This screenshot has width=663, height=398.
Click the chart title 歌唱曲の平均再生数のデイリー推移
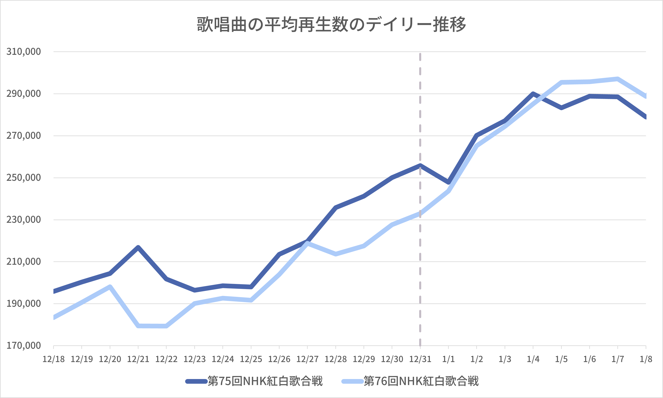click(x=331, y=25)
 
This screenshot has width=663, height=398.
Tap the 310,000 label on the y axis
click(x=24, y=51)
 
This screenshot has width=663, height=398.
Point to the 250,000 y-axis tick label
click(x=24, y=177)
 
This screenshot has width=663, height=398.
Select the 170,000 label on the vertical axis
click(x=24, y=345)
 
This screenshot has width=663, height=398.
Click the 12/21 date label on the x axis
click(x=138, y=359)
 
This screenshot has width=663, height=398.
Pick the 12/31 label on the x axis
click(x=420, y=359)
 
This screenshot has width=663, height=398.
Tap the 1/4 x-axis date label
click(x=533, y=359)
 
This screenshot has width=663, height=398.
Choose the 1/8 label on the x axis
click(x=646, y=359)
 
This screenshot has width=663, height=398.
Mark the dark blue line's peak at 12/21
click(x=138, y=247)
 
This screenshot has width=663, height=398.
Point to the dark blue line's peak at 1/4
click(x=533, y=94)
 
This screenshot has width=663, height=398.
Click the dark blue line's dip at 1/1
click(x=448, y=182)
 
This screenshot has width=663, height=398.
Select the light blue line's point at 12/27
click(x=307, y=243)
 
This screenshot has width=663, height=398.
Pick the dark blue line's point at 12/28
click(x=336, y=207)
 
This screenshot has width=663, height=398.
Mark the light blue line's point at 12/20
click(x=110, y=287)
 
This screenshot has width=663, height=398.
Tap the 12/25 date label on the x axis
click(x=251, y=359)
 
